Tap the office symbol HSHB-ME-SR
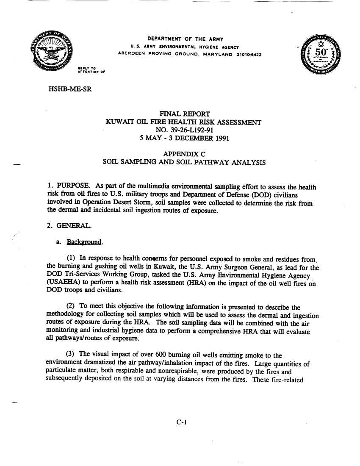click(69, 90)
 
